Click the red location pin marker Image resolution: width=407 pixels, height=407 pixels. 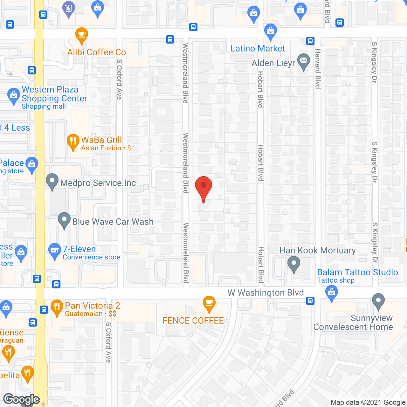click(203, 188)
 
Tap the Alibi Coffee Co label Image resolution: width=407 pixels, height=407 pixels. click(97, 52)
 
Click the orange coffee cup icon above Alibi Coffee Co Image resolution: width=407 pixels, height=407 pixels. click(82, 35)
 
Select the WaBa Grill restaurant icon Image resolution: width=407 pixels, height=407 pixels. click(73, 142)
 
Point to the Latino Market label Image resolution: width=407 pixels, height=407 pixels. click(258, 49)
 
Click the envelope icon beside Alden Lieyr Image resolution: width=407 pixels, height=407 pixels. click(304, 61)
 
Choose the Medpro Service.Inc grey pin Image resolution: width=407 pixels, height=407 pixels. click(52, 182)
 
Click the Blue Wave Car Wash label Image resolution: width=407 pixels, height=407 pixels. click(113, 222)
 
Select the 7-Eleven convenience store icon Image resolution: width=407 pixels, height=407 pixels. click(55, 251)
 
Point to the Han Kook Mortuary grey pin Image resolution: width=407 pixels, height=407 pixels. click(294, 265)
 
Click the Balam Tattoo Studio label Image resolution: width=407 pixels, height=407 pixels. click(357, 272)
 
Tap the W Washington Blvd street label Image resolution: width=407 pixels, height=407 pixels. click(266, 293)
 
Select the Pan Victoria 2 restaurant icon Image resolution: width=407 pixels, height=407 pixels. click(57, 307)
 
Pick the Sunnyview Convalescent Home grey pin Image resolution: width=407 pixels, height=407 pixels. click(378, 301)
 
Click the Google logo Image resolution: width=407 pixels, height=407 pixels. click(22, 399)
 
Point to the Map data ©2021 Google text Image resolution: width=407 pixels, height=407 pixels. click(368, 403)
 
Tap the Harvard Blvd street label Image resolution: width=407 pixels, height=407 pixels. click(318, 69)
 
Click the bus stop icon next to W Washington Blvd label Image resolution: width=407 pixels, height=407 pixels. click(311, 300)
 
